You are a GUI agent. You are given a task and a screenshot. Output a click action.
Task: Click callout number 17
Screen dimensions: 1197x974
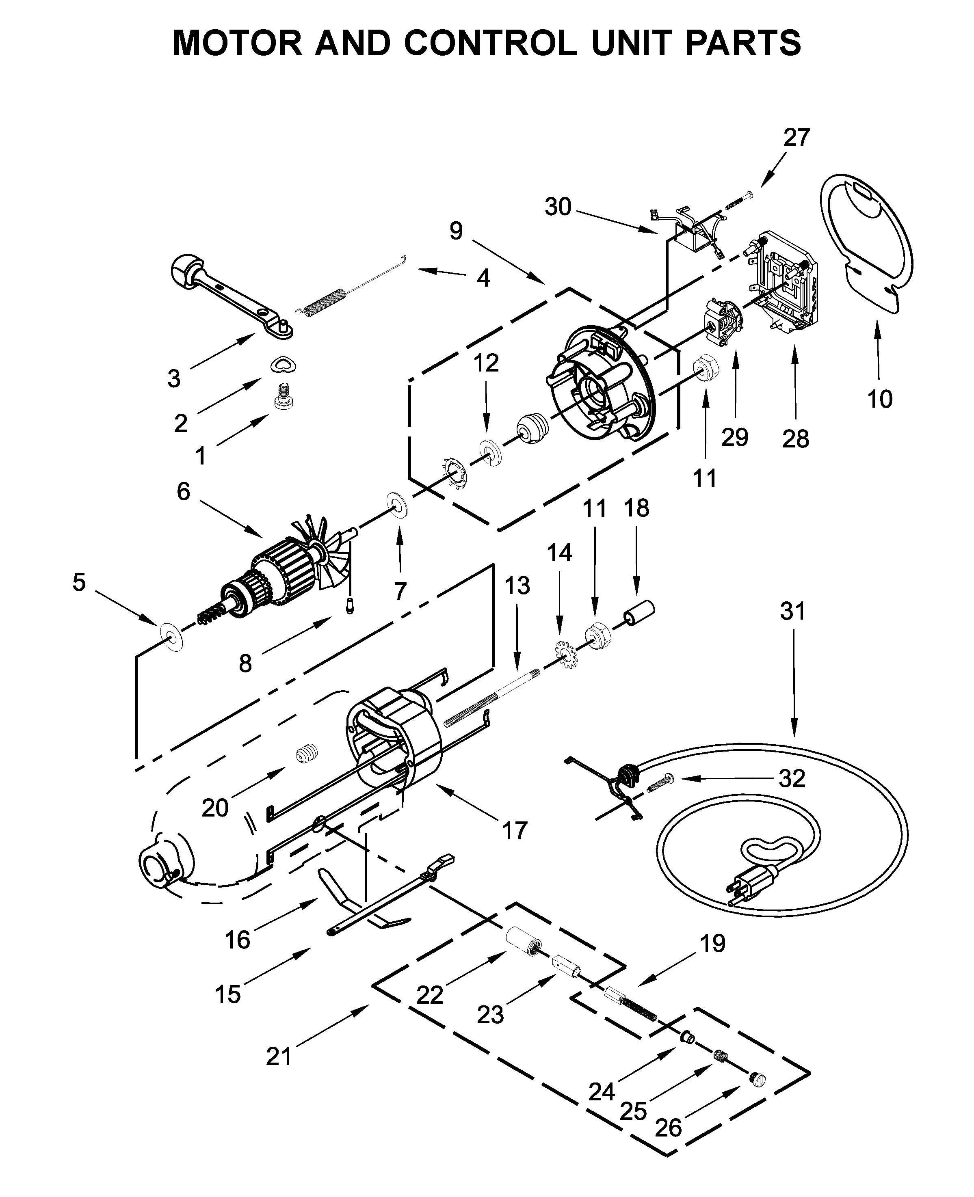pyautogui.click(x=515, y=830)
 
